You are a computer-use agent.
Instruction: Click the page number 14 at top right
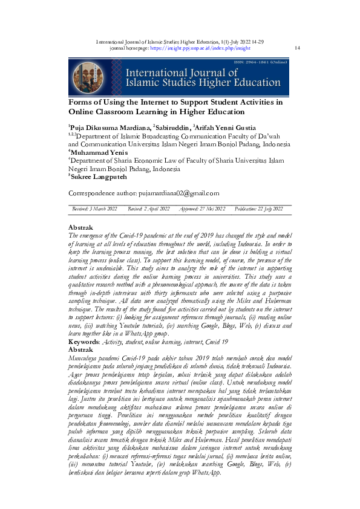click(x=296, y=47)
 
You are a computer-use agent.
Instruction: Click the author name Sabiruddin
click(x=172, y=128)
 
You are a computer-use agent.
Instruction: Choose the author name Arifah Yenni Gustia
click(x=226, y=128)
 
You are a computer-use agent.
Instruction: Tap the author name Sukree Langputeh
click(x=99, y=178)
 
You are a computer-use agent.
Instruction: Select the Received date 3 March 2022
click(x=94, y=209)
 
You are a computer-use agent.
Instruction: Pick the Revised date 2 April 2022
click(x=149, y=209)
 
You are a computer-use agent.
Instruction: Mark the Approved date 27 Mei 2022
click(x=203, y=209)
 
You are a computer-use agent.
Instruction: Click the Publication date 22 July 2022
click(x=258, y=209)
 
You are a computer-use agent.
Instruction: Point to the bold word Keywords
click(x=84, y=342)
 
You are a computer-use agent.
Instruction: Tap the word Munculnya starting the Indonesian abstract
click(x=85, y=358)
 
